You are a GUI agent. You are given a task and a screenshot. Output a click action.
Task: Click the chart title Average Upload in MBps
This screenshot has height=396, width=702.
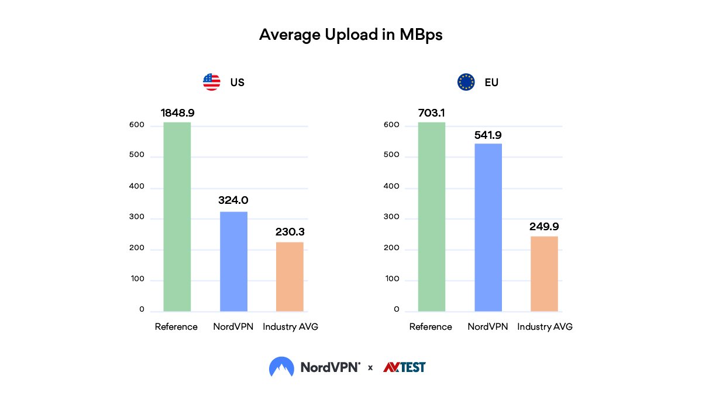[350, 35]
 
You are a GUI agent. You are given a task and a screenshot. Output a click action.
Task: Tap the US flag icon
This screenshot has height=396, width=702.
[211, 82]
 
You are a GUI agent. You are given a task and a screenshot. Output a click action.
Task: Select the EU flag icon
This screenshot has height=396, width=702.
[466, 82]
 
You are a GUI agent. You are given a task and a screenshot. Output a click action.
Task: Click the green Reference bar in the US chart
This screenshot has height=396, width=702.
[177, 217]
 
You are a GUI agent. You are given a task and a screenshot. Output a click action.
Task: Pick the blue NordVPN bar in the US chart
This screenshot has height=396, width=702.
[233, 261]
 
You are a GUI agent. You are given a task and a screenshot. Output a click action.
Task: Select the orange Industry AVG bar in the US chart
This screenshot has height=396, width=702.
[290, 276]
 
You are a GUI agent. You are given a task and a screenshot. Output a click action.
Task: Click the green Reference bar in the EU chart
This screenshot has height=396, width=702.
[432, 217]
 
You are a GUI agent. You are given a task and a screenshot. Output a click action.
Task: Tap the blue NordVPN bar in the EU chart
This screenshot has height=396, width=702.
[488, 227]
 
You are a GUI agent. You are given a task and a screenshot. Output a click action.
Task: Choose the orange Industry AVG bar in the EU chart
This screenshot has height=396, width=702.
[544, 274]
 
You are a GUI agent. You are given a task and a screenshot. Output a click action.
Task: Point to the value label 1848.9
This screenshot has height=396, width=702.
[177, 112]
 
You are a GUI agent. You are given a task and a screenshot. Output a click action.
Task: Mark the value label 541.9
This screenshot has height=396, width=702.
[488, 135]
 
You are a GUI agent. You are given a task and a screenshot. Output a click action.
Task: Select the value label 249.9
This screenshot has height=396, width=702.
[544, 227]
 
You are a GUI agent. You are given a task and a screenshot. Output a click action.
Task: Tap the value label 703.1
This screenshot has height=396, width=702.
[432, 112]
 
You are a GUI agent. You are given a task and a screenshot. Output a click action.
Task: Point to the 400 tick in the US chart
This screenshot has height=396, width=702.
[138, 187]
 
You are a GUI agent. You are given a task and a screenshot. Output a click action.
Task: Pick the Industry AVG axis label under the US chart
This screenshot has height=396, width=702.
[290, 327]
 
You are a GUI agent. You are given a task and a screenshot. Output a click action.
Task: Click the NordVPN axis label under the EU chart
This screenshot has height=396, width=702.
[488, 327]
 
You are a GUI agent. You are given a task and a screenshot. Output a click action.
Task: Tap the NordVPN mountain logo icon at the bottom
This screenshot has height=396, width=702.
[281, 367]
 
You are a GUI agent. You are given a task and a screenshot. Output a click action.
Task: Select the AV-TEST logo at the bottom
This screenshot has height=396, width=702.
[404, 367]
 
